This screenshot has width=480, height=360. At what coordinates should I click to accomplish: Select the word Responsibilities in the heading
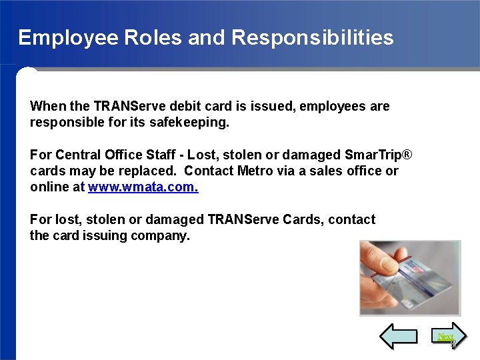(312, 37)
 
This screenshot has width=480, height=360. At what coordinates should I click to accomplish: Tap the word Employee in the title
(69, 37)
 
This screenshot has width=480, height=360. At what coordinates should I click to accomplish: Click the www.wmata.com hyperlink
(143, 187)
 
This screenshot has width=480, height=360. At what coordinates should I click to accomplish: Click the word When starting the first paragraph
(47, 106)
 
